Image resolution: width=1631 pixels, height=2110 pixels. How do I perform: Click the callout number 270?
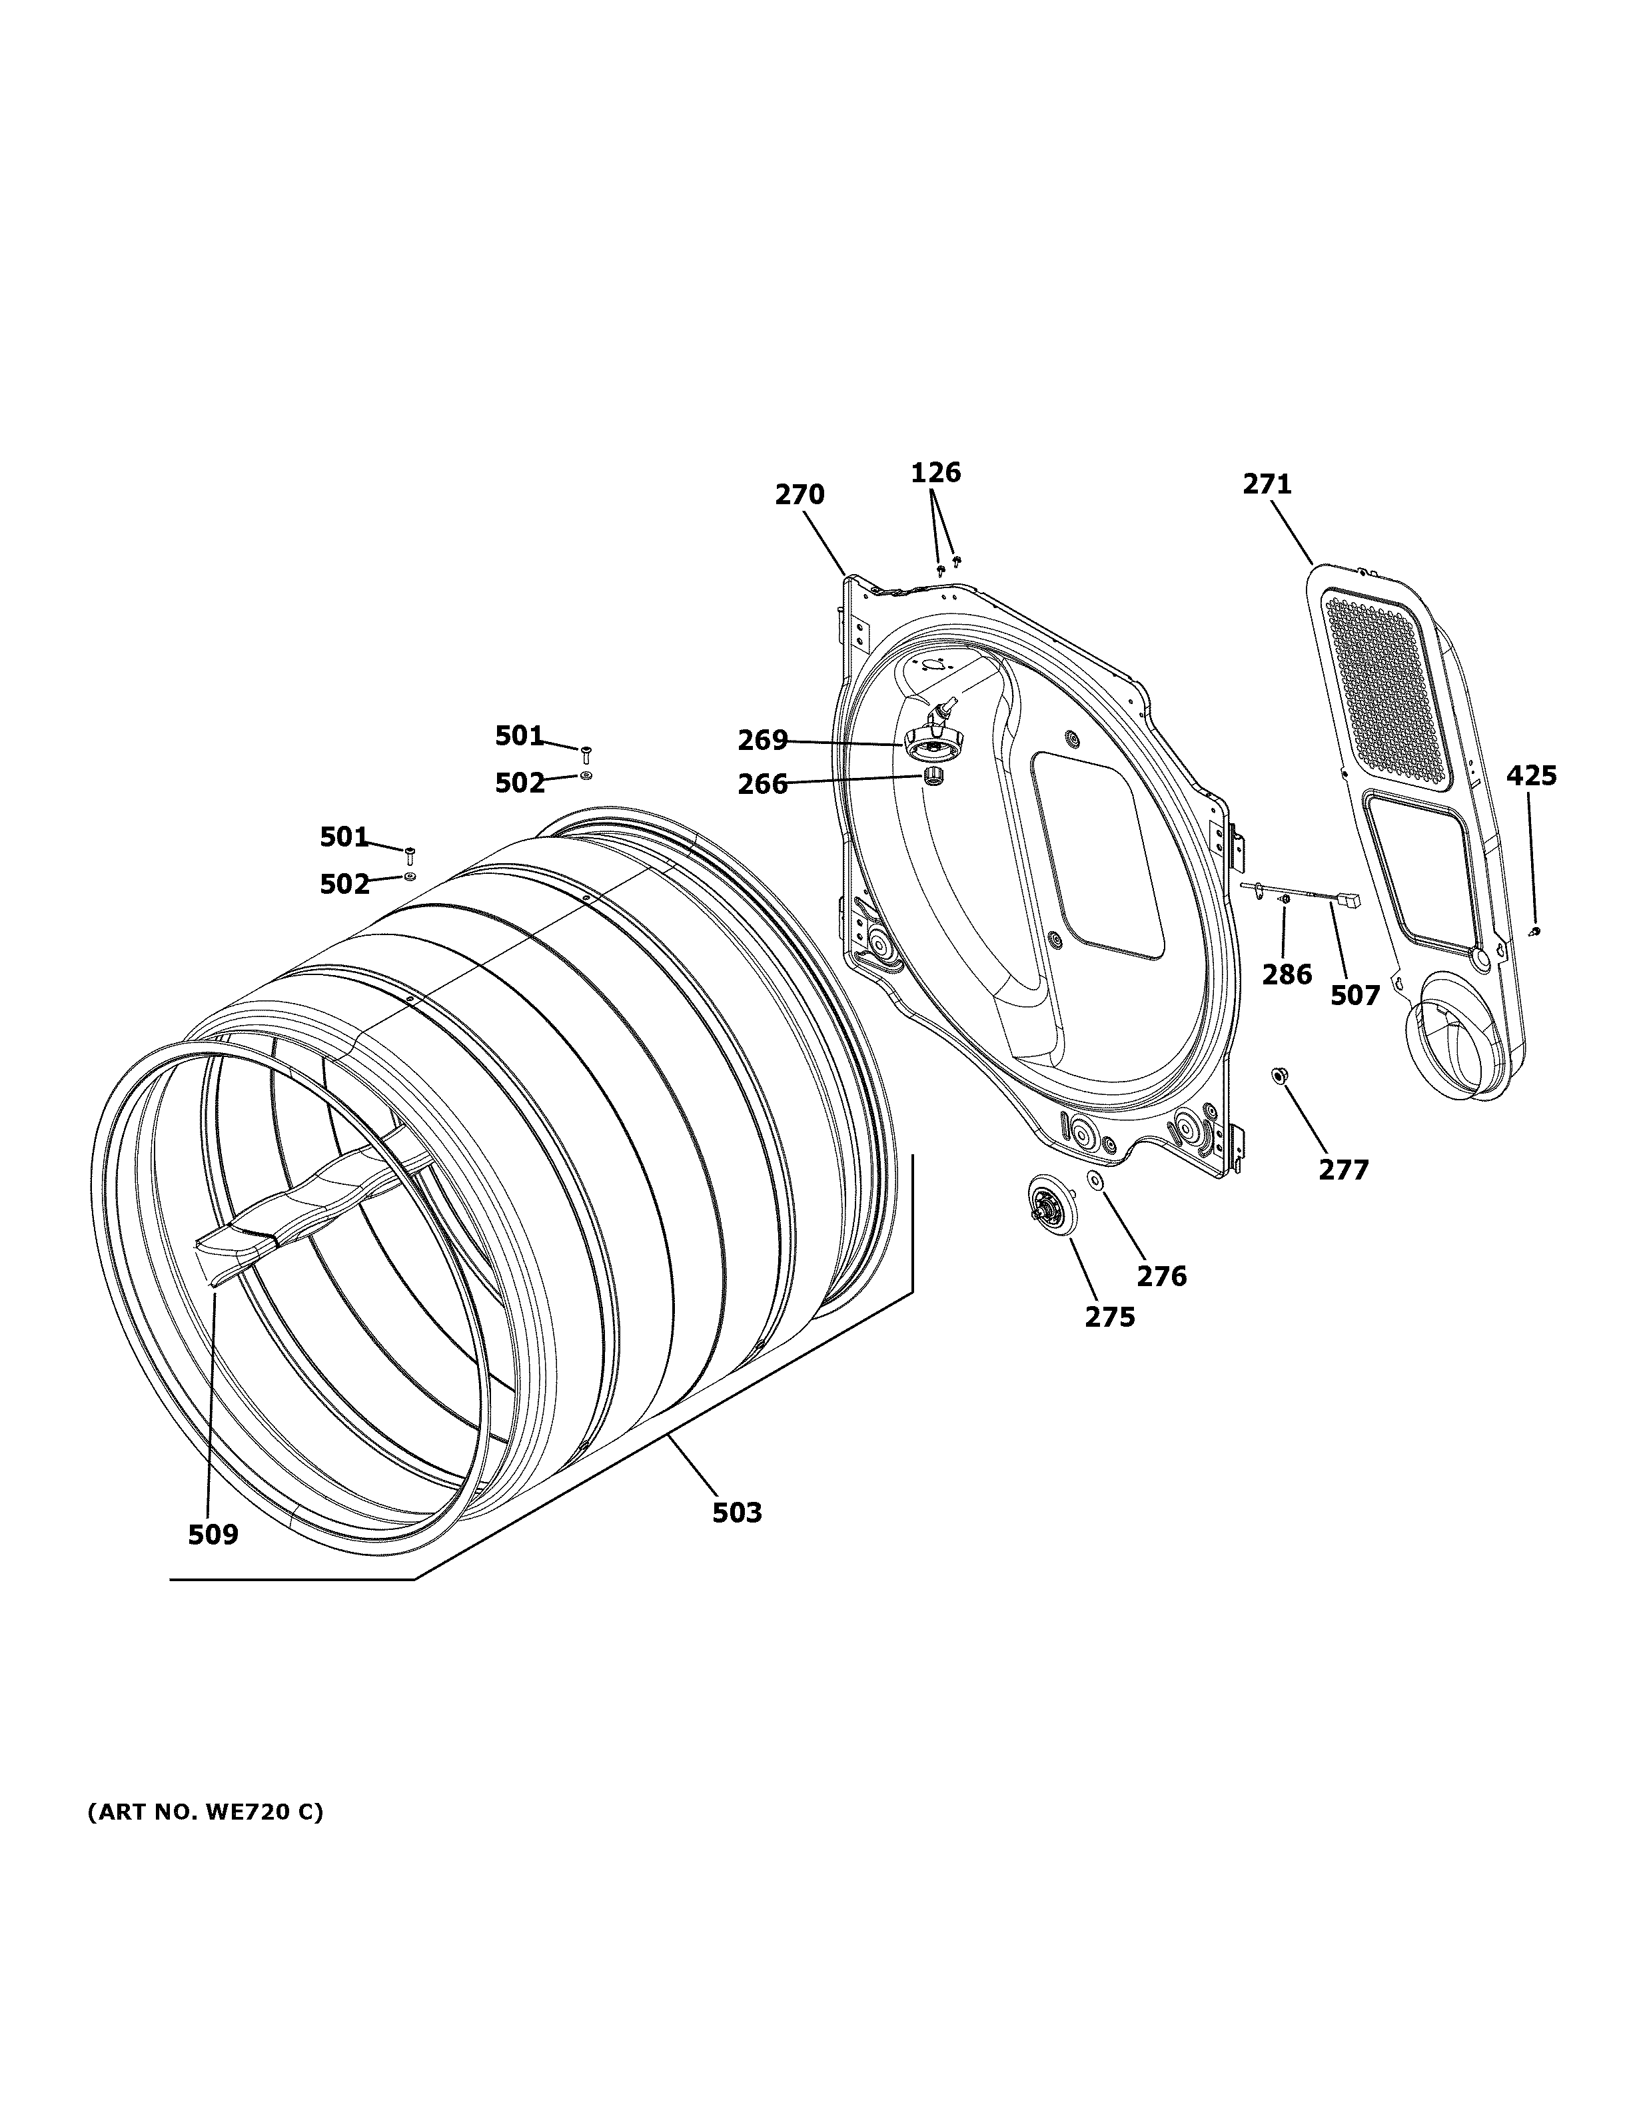click(x=799, y=495)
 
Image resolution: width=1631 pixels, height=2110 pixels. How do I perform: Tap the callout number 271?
click(x=1267, y=484)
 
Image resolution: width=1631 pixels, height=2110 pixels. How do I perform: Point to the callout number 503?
click(x=738, y=1513)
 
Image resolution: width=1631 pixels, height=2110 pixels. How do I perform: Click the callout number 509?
click(x=213, y=1534)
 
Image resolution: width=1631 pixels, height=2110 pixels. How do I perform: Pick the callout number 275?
click(x=1109, y=1317)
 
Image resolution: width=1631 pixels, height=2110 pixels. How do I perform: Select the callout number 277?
click(x=1343, y=1170)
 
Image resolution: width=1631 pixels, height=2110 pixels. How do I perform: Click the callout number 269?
click(x=762, y=741)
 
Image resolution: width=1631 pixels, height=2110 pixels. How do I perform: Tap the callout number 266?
click(x=762, y=785)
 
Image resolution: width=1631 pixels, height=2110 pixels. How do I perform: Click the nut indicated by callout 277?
click(x=1279, y=1074)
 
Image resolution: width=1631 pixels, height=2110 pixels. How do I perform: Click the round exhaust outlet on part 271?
click(x=1449, y=1053)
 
